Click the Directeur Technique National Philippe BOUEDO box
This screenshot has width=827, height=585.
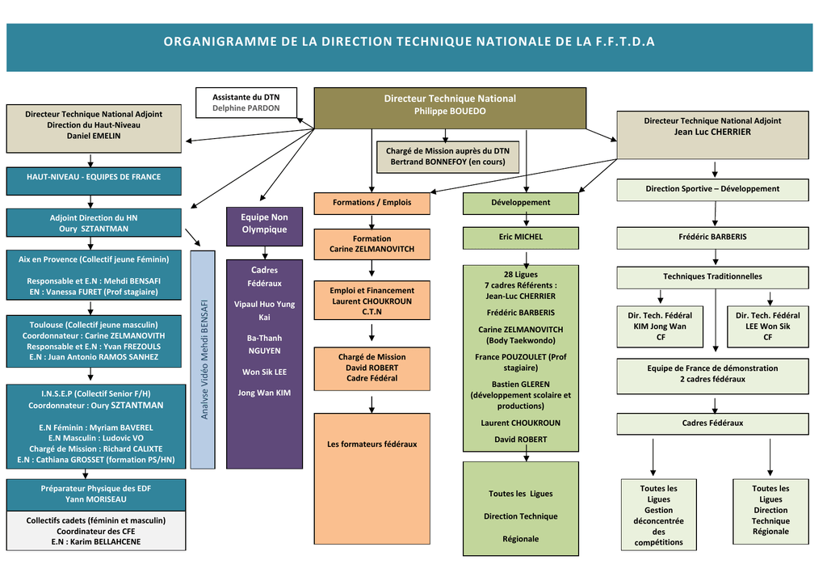(x=450, y=107)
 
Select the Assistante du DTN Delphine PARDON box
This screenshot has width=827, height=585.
(x=246, y=103)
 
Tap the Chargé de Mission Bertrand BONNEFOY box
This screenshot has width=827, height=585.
(x=447, y=157)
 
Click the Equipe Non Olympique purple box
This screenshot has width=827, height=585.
(x=264, y=224)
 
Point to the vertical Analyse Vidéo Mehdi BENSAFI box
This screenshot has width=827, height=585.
(x=204, y=359)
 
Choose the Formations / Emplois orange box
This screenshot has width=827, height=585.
(x=372, y=203)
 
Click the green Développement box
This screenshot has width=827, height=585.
(x=520, y=203)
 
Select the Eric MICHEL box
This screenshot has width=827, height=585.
(x=520, y=238)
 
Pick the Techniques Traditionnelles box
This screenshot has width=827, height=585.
(x=712, y=277)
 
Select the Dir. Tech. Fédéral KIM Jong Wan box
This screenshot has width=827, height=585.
(x=660, y=326)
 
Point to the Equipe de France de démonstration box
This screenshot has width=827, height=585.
(x=712, y=374)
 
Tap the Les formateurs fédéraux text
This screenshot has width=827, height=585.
(x=372, y=444)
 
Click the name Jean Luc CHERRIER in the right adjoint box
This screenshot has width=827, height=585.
(x=712, y=132)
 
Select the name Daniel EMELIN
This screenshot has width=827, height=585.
(x=94, y=136)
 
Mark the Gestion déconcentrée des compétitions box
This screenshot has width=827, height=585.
(x=658, y=515)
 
